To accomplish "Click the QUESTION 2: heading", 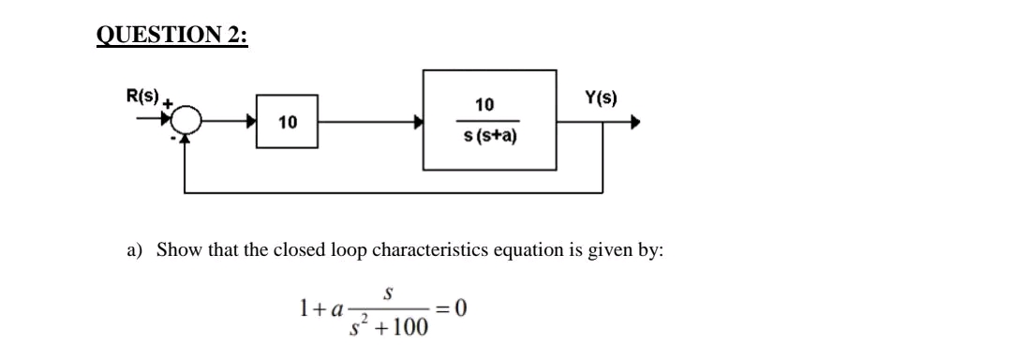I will (172, 36).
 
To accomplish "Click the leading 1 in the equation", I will (303, 307).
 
